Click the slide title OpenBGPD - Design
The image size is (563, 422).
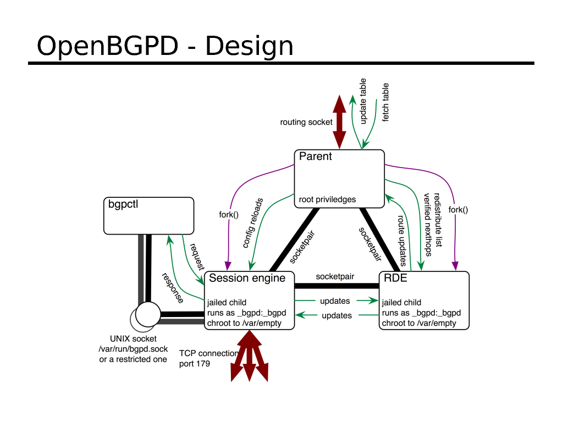164,46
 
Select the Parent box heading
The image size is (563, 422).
316,157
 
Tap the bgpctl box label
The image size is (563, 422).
122,205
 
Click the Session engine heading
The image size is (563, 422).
247,278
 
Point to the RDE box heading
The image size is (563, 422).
395,278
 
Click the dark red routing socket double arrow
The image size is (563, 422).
339,121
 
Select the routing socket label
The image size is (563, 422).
306,122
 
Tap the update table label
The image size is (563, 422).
363,104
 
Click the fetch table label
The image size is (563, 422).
385,103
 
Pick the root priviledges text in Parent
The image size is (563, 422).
327,199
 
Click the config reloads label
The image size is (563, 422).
252,223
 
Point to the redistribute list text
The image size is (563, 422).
438,219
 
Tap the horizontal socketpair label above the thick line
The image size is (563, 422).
335,277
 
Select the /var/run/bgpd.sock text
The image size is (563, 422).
133,349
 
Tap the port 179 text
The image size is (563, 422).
195,364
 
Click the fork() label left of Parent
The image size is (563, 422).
229,214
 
